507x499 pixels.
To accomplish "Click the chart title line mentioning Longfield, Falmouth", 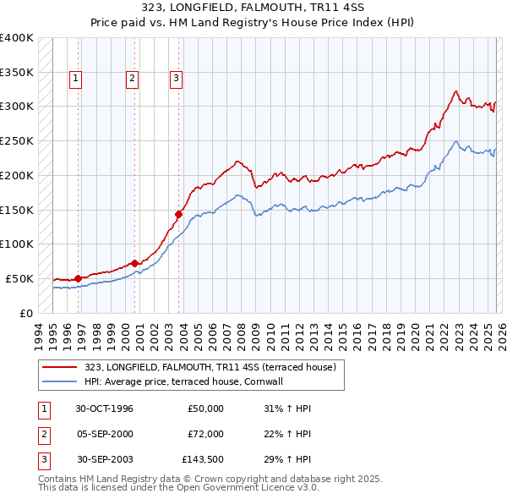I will (x=253, y=8).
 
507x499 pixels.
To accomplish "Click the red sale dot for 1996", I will (x=78, y=277).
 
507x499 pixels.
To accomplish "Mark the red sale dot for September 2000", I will (x=134, y=263).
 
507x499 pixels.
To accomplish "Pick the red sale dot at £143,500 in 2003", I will (x=179, y=214).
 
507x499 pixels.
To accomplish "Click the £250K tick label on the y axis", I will (x=17, y=141).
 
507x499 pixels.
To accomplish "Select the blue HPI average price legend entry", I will (x=183, y=381).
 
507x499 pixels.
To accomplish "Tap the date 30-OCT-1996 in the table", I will (x=104, y=409).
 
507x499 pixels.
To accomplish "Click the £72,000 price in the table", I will (x=205, y=433).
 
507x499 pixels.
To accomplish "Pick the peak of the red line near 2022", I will (x=455, y=90).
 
